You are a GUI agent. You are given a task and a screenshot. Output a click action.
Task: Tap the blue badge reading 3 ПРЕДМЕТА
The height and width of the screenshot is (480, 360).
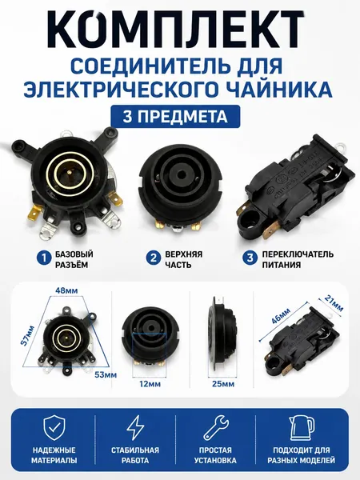175,116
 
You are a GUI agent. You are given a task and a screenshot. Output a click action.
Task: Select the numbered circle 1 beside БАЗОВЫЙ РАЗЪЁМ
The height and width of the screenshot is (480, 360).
44,258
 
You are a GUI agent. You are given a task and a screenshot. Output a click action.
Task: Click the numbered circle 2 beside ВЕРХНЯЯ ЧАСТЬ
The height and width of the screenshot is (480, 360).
154,258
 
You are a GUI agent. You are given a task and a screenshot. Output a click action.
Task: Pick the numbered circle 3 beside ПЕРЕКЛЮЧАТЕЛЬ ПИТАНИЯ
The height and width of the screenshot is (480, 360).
250,258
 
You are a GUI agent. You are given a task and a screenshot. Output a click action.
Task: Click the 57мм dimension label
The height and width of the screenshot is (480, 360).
27,336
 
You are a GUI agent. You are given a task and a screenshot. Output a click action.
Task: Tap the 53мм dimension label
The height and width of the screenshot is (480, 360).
106,374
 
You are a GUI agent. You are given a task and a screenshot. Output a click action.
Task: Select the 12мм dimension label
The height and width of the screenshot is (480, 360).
150,383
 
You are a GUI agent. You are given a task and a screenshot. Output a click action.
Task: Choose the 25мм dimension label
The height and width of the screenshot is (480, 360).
223,383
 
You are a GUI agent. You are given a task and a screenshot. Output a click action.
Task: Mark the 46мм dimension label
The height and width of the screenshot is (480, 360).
281,316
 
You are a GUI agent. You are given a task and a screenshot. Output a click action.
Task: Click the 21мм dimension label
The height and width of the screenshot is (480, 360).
333,302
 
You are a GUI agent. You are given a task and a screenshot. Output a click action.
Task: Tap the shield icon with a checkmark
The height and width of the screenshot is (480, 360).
54,428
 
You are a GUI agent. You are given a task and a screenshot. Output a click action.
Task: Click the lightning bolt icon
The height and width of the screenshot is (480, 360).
135,428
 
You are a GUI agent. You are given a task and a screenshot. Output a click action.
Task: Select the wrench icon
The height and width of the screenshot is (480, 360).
216,428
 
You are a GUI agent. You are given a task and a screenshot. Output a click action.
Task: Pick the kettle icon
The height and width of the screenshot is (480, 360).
302,428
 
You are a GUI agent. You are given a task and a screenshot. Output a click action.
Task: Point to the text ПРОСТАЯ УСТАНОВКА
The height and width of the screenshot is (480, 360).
215,455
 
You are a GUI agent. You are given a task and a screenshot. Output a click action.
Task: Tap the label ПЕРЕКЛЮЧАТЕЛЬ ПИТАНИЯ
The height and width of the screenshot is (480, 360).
298,259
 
